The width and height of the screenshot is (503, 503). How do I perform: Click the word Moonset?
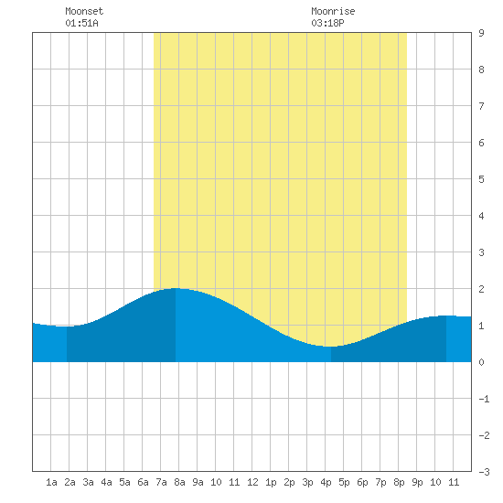pyautogui.click(x=84, y=11)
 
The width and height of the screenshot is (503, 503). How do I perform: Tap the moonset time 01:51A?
pyautogui.click(x=81, y=23)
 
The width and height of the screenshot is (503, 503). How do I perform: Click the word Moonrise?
pyautogui.click(x=333, y=11)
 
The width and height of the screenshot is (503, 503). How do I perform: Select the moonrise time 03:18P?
pyautogui.click(x=327, y=23)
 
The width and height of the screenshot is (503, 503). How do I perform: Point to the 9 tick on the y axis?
pyautogui.click(x=481, y=33)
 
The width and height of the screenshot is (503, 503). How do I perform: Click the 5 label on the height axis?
pyautogui.click(x=481, y=179)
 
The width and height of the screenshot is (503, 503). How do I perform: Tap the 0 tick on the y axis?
pyautogui.click(x=481, y=362)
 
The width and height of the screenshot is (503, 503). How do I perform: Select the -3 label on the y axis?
pyautogui.click(x=484, y=472)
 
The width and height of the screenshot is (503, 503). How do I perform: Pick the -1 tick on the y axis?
pyautogui.click(x=484, y=399)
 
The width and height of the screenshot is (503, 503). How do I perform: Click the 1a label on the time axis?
pyautogui.click(x=51, y=482)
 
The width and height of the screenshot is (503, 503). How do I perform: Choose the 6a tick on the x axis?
pyautogui.click(x=143, y=482)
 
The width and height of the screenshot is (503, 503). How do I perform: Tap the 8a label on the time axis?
pyautogui.click(x=179, y=482)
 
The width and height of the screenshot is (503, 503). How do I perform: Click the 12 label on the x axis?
pyautogui.click(x=252, y=482)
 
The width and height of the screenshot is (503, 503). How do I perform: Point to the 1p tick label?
pyautogui.click(x=271, y=482)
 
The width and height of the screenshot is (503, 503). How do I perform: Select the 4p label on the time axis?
pyautogui.click(x=326, y=482)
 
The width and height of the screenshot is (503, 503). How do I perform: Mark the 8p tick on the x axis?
pyautogui.click(x=399, y=482)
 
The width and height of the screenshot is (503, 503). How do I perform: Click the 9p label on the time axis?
pyautogui.click(x=417, y=482)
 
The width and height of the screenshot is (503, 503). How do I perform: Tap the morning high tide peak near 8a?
pyautogui.click(x=176, y=288)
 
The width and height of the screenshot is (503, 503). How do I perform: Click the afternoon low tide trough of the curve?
pyautogui.click(x=331, y=347)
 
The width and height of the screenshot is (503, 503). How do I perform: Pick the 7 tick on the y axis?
pyautogui.click(x=481, y=106)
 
